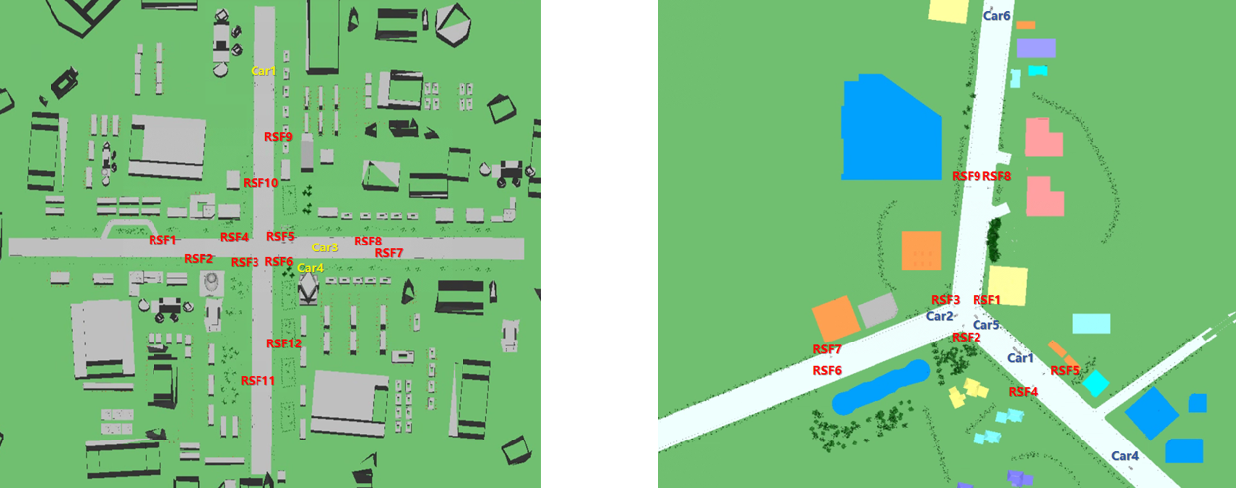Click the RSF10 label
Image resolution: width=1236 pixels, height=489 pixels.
click(x=260, y=183)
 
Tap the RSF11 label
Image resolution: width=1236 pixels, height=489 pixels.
click(x=257, y=381)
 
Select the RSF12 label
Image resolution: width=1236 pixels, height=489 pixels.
click(x=283, y=343)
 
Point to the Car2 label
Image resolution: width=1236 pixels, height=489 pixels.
click(x=939, y=317)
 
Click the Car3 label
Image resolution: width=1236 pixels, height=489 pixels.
click(x=325, y=247)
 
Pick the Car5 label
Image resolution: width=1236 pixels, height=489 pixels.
click(x=985, y=325)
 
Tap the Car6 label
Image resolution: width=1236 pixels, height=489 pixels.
click(x=996, y=16)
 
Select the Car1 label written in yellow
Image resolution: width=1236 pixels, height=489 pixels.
click(x=263, y=71)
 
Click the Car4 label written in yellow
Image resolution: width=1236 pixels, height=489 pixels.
click(x=310, y=268)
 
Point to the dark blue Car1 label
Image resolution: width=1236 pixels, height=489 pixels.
click(x=1020, y=358)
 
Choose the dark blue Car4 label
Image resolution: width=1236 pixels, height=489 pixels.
click(x=1125, y=456)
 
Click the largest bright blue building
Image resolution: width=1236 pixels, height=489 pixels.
click(x=889, y=129)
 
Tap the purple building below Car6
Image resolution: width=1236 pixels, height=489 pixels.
click(x=1036, y=48)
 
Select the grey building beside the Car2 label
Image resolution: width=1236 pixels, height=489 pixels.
click(x=877, y=311)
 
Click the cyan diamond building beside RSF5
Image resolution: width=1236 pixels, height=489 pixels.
click(x=1094, y=383)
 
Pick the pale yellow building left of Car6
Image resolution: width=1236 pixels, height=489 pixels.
click(x=948, y=10)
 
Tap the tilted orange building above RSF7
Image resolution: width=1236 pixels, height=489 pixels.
click(x=835, y=318)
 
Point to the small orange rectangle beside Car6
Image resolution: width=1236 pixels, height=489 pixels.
click(x=1025, y=25)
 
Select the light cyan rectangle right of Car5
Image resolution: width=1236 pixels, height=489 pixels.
click(x=1090, y=324)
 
